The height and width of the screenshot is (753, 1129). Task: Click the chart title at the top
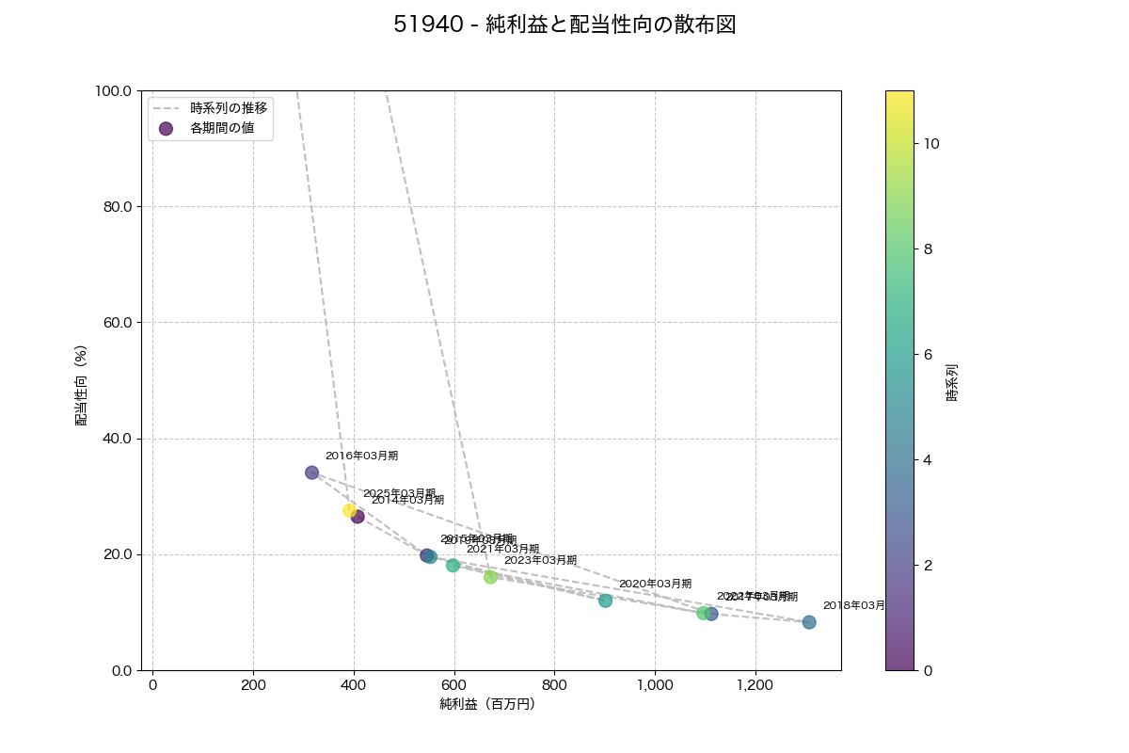(x=564, y=25)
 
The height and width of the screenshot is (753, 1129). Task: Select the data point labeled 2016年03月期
(x=311, y=473)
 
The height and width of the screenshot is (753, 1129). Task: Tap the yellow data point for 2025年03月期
(x=350, y=510)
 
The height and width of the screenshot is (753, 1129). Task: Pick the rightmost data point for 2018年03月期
(x=809, y=622)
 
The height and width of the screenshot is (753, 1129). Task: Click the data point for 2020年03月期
(x=605, y=601)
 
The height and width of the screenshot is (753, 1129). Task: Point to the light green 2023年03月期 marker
(x=490, y=577)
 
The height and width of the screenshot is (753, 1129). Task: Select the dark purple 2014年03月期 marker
(x=358, y=516)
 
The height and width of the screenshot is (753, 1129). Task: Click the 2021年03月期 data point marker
(x=453, y=566)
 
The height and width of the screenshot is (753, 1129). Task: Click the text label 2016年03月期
(x=361, y=456)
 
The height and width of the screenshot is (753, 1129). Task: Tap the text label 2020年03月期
(x=655, y=584)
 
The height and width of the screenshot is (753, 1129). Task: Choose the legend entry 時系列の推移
(x=229, y=107)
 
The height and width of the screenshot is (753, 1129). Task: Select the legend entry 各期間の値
(x=222, y=128)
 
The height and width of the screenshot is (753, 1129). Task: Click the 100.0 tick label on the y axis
(x=115, y=90)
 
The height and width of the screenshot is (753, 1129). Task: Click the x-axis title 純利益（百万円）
(x=487, y=704)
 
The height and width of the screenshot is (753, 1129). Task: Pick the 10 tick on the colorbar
(x=931, y=144)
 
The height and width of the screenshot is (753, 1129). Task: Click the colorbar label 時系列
(x=952, y=382)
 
